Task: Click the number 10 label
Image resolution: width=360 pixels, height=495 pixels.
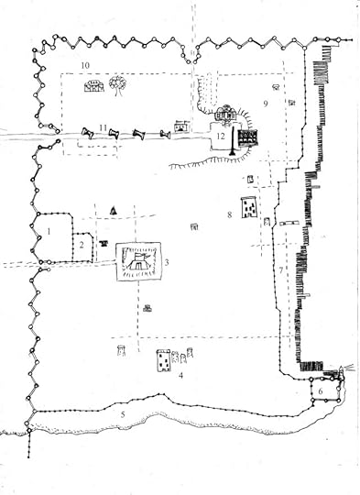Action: (x=83, y=65)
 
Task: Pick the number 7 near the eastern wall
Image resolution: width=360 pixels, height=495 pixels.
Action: (x=281, y=271)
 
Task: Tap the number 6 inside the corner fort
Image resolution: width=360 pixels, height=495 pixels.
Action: (x=322, y=391)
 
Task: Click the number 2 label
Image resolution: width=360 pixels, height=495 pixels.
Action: (x=82, y=246)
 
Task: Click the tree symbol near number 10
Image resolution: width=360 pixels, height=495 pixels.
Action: (x=117, y=84)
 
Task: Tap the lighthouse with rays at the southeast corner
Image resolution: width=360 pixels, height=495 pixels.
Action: (x=342, y=370)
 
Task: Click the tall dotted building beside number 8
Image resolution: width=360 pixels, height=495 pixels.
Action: (x=247, y=209)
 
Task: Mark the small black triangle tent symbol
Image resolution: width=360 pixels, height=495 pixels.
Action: (x=113, y=210)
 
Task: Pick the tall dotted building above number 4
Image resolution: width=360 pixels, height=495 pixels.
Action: (x=163, y=360)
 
